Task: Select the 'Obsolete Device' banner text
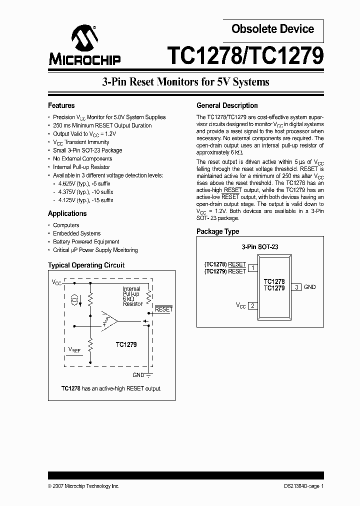272,29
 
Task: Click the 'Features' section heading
61,105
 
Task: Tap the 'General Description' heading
227,105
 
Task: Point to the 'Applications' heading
67,213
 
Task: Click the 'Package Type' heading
217,231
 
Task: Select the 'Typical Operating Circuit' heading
86,265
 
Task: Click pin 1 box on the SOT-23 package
253,268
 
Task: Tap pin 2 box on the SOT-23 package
253,305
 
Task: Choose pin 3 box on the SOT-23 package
296,287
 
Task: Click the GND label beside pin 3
310,287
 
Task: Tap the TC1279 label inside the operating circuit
126,344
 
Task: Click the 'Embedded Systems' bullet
76,233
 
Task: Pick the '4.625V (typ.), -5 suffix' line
83,184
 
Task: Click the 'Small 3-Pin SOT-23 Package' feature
87,150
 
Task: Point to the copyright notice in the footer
83,486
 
